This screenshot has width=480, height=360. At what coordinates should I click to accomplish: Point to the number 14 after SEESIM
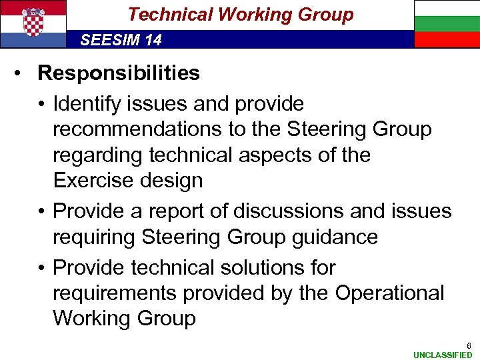click(x=153, y=41)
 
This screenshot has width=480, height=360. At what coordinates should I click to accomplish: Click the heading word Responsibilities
click(x=119, y=73)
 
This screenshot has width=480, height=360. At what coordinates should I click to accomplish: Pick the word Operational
click(x=390, y=293)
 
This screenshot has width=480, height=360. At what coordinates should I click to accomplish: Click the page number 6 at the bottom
click(x=469, y=346)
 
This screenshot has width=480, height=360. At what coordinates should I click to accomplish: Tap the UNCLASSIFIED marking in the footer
click(x=443, y=355)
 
